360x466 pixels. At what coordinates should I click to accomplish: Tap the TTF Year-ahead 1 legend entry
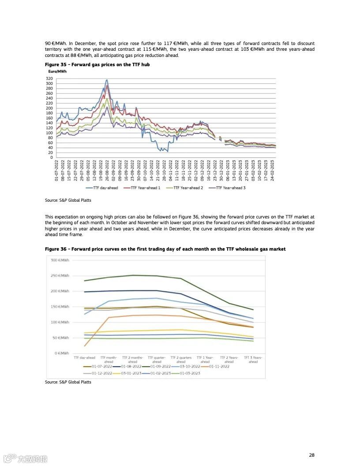145,188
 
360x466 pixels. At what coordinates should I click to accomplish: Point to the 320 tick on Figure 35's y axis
49,79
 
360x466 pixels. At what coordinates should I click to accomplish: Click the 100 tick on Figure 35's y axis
49,133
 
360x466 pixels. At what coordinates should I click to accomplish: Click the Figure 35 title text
97,64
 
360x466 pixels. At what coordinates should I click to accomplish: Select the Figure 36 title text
165,249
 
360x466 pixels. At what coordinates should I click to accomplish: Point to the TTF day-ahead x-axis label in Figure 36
84,358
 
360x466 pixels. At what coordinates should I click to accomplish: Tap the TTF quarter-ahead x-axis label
157,360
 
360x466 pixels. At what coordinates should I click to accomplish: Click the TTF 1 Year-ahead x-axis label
205,360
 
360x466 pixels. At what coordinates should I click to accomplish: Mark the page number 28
311,455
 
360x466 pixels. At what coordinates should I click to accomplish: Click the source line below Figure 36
68,382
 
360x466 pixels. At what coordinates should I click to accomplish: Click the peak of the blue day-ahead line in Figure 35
107,80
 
